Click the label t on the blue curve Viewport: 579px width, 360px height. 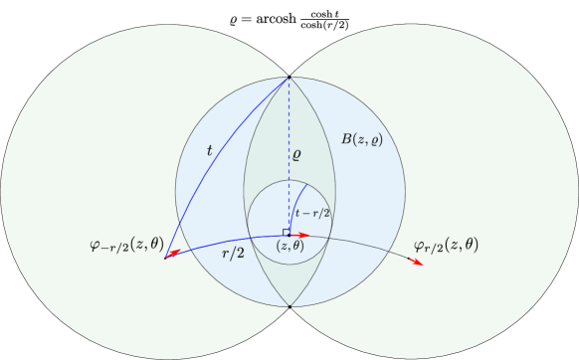tap(209, 151)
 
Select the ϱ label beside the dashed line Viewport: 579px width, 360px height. tap(296, 155)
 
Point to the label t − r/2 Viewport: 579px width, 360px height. tap(312, 212)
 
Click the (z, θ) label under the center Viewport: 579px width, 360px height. tap(289, 246)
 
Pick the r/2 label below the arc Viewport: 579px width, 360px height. tap(233, 254)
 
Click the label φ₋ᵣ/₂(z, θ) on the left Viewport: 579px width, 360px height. tap(126, 242)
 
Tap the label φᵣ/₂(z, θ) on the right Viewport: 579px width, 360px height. tap(446, 244)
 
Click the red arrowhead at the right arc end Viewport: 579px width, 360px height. tap(416, 263)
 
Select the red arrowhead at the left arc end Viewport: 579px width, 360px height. tap(172, 255)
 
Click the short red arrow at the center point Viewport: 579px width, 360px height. tap(301, 235)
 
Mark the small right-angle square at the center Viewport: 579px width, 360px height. tap(287, 232)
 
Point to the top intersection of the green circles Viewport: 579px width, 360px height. tap(289, 77)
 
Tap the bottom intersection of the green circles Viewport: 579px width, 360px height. tap(289, 306)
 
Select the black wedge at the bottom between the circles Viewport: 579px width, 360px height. tap(289, 338)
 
